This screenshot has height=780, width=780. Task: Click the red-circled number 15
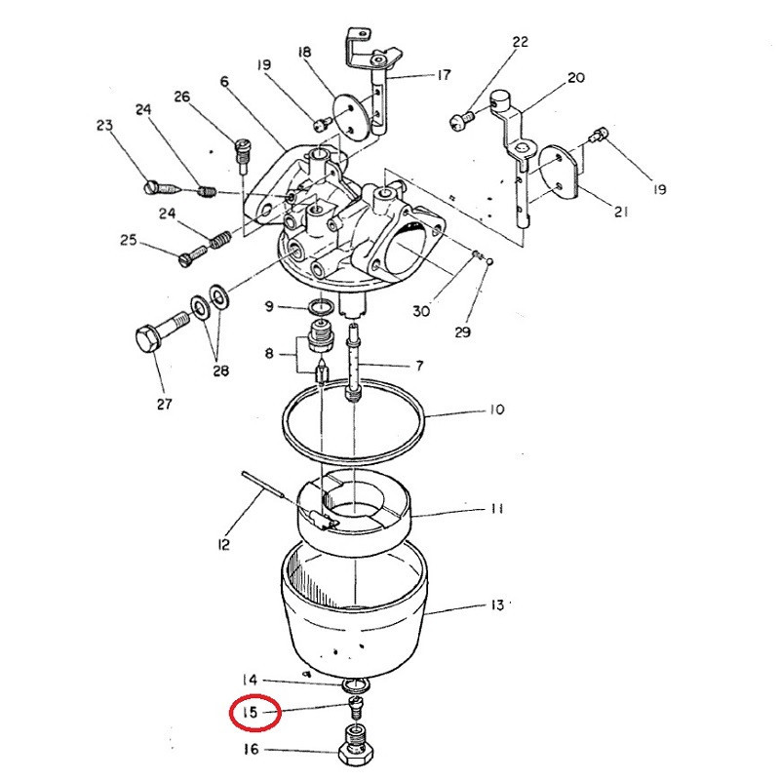[x=251, y=713]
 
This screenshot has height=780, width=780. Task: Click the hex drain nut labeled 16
[x=355, y=746]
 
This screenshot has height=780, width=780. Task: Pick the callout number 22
[x=520, y=42]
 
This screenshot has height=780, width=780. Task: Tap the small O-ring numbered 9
[x=322, y=307]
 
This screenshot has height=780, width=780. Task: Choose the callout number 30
[x=421, y=311]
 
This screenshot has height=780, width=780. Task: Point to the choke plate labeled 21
[x=561, y=170]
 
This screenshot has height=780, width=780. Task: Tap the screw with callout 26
[x=243, y=155]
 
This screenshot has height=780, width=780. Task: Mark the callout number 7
[x=419, y=366]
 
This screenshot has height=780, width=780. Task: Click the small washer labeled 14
[x=356, y=686]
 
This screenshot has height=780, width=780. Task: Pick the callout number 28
[x=221, y=370]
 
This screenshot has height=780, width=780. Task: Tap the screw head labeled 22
[x=458, y=121]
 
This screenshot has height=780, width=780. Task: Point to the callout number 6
[x=224, y=81]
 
